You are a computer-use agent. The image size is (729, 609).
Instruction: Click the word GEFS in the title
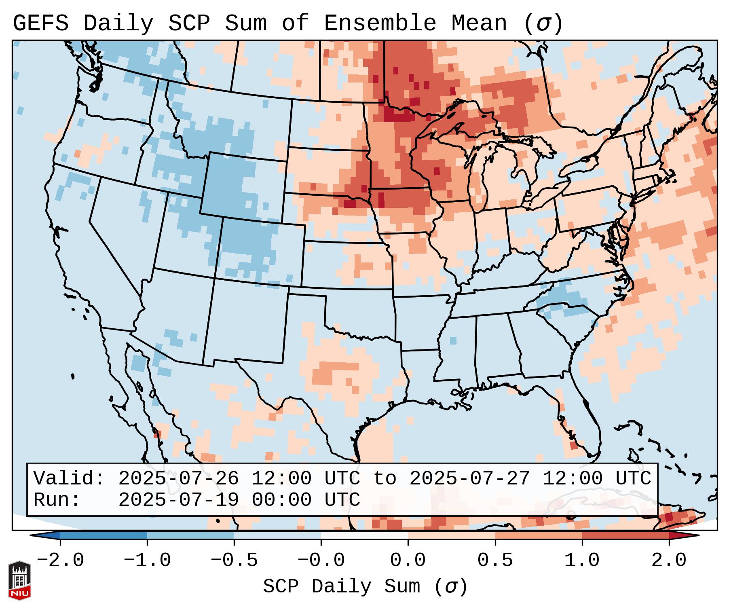click(x=40, y=23)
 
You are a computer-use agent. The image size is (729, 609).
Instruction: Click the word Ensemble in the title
click(x=380, y=23)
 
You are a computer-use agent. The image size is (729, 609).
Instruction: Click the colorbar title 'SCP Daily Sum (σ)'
click(x=365, y=587)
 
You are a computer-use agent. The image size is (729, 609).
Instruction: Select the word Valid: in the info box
click(x=69, y=479)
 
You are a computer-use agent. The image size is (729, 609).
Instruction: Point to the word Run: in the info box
click(x=57, y=500)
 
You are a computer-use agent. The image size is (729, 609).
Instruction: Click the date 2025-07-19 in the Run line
click(x=178, y=500)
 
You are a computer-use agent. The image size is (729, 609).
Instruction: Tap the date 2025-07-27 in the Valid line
click(x=469, y=479)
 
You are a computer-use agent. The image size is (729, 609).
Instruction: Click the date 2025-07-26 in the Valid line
click(x=178, y=479)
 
